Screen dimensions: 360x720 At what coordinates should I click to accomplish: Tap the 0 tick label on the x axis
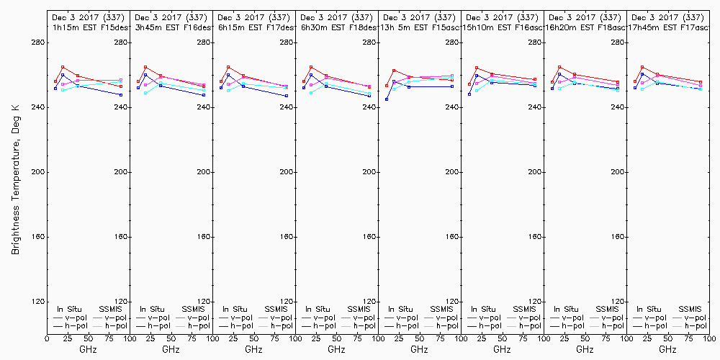(48, 337)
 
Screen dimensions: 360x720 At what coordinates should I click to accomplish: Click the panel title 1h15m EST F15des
(87, 27)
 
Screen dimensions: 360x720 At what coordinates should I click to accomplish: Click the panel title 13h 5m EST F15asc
(418, 27)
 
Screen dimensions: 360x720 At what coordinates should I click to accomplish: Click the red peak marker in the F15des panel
(63, 67)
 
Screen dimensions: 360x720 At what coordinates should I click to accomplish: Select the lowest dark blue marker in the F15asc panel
(387, 99)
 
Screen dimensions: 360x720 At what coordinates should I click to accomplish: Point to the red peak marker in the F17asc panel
(642, 67)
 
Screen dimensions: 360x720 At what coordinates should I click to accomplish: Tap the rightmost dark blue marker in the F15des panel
(121, 95)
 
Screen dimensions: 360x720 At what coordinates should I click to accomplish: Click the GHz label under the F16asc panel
(502, 349)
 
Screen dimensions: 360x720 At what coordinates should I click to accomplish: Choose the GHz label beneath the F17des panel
(253, 349)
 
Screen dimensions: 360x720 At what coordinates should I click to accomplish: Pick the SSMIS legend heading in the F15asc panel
(443, 309)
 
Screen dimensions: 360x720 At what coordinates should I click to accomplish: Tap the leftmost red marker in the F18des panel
(304, 81)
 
